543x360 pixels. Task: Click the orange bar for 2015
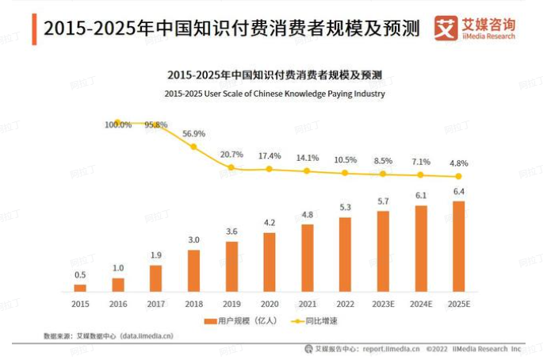[x=80, y=288]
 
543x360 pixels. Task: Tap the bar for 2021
[x=308, y=258]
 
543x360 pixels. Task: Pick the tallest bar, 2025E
[x=458, y=246]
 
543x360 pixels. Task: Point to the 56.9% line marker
[x=193, y=146]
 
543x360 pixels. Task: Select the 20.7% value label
[x=231, y=154]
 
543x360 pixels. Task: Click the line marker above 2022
[x=345, y=172]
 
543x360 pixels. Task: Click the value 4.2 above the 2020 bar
[x=270, y=223]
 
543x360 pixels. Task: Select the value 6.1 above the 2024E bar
[x=421, y=196]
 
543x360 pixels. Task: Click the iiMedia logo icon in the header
[x=448, y=28]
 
